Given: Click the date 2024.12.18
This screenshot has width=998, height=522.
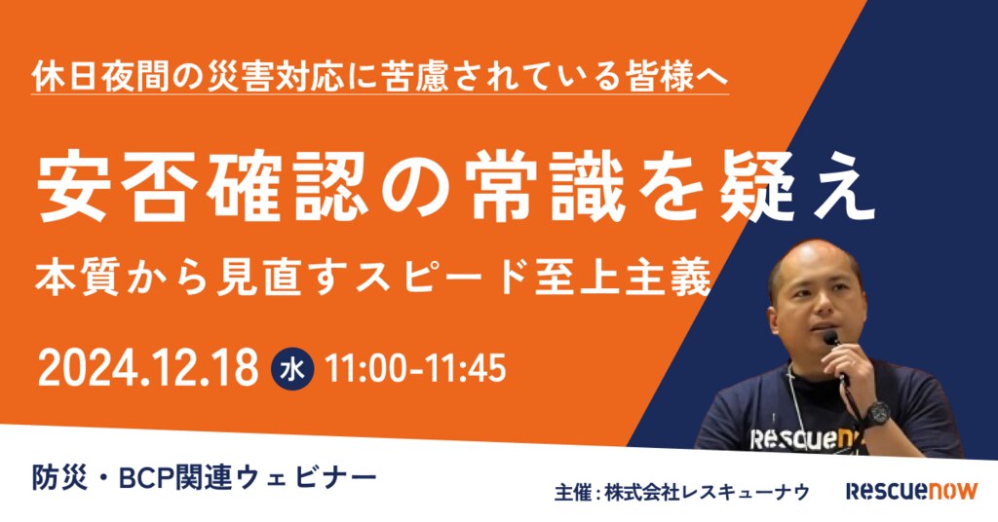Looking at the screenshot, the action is pyautogui.click(x=148, y=368).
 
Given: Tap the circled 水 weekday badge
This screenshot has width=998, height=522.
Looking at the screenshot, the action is pyautogui.click(x=292, y=369).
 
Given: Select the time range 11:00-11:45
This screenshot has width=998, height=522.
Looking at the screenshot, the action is pyautogui.click(x=415, y=369).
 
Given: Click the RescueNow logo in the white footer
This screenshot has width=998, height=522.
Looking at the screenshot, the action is pyautogui.click(x=911, y=490).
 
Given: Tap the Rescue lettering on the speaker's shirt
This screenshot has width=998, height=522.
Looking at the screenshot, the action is pyautogui.click(x=790, y=439).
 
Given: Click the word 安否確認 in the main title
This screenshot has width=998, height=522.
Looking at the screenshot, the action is pyautogui.click(x=203, y=189).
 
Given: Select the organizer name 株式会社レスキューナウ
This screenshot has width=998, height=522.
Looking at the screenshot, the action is pyautogui.click(x=708, y=492).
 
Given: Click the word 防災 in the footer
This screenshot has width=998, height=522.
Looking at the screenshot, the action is pyautogui.click(x=59, y=477).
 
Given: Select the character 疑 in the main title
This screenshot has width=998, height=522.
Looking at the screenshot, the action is pyautogui.click(x=758, y=189).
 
